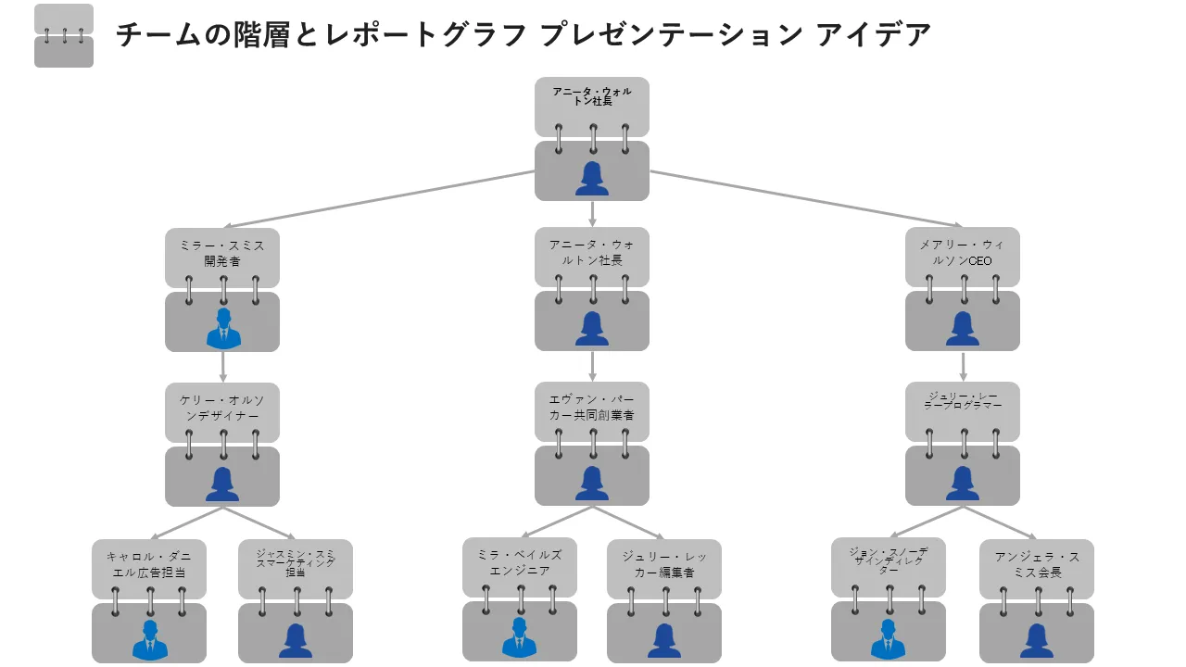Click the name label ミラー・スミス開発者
[x=222, y=253]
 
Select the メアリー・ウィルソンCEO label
[x=963, y=253]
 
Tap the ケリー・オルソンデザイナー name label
[x=222, y=409]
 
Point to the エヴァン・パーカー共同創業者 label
[x=592, y=408]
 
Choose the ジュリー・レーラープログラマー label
[x=963, y=401]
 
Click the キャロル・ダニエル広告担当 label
[x=149, y=564]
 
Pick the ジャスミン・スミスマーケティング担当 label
[x=296, y=562]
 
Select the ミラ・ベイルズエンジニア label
[x=520, y=562]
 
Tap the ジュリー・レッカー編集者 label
[x=664, y=564]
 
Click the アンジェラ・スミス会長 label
[x=1037, y=564]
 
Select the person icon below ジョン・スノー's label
[x=888, y=639]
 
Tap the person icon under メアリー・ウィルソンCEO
[x=963, y=329]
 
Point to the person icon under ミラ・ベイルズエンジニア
[x=520, y=637]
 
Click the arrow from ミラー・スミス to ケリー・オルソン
[x=223, y=367]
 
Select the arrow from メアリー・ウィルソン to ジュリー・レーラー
[x=963, y=367]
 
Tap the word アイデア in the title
[x=874, y=35]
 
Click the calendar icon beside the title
[x=64, y=36]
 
